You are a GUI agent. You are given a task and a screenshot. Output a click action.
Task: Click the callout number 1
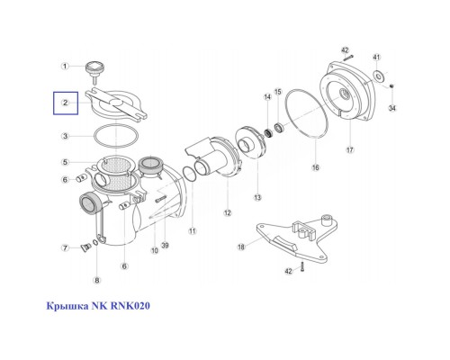[x=65, y=66]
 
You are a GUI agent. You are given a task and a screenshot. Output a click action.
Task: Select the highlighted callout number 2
[x=66, y=103]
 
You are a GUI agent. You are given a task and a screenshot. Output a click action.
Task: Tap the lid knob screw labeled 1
[x=94, y=71]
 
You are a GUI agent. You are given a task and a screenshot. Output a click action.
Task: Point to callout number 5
[x=65, y=162]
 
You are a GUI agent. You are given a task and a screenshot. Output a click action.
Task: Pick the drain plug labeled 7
[x=86, y=247]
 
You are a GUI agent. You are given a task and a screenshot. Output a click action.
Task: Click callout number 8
[x=96, y=280]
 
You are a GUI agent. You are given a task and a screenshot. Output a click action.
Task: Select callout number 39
[x=165, y=246]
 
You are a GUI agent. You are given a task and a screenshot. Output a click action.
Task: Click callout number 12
[x=228, y=212]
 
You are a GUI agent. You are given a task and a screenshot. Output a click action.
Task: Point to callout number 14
[x=267, y=96]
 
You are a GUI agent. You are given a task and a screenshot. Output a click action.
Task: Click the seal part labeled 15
[x=280, y=128]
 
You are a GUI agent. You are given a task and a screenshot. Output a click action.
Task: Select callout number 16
[x=315, y=167]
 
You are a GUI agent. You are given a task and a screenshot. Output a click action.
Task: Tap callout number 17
[x=350, y=149]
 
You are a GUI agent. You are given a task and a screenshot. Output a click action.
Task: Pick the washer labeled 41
[x=379, y=76]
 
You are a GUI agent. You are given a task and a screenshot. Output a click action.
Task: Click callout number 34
[x=392, y=108]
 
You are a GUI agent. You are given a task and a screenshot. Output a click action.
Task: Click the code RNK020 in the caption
[x=130, y=306]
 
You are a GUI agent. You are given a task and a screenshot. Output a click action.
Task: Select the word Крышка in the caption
[x=67, y=306]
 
